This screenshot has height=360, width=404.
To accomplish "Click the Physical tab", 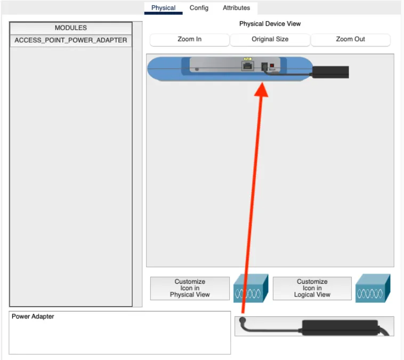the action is click(x=163, y=8).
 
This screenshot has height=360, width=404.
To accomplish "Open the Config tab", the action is click(x=199, y=8).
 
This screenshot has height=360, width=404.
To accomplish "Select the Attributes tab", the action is click(x=236, y=8).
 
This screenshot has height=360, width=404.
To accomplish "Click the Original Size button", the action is click(x=270, y=39).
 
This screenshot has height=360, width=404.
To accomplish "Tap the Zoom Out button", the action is click(x=350, y=39).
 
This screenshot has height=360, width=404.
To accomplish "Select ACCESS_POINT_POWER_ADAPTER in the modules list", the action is click(x=71, y=41).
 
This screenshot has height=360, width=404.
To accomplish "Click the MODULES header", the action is click(x=71, y=28).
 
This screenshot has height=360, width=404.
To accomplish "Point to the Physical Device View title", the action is click(x=270, y=23).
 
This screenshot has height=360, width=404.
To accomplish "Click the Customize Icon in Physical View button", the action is click(x=190, y=289).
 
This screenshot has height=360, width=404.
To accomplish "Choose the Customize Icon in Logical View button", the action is click(x=312, y=289).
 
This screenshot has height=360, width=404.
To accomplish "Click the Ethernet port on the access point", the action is click(x=248, y=66).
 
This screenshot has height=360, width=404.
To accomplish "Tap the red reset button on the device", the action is click(x=272, y=66).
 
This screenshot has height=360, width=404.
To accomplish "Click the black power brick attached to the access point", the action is click(x=330, y=72).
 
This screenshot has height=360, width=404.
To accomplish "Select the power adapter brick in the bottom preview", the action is click(x=340, y=327).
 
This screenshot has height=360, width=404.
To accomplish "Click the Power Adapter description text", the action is click(x=33, y=316).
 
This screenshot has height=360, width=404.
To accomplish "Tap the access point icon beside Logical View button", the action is click(x=373, y=289).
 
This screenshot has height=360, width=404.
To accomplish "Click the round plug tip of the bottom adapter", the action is click(x=243, y=321).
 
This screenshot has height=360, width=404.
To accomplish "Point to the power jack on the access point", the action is click(x=264, y=67).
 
